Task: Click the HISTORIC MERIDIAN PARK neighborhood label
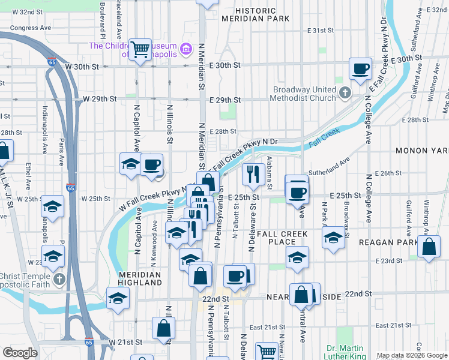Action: point(255,14)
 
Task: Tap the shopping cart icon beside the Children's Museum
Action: point(140,49)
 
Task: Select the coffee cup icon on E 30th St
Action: point(360,68)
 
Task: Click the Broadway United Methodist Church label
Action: point(304,94)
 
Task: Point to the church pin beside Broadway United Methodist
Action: point(345,93)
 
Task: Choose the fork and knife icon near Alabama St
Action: point(253,174)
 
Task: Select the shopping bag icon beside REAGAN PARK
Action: point(429,247)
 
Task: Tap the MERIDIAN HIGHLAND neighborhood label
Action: point(139,278)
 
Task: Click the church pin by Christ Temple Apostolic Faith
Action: point(59,279)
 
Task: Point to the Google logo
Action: point(20,352)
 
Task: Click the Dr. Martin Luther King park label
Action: point(345,352)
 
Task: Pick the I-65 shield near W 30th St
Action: point(51,61)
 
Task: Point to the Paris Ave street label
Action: point(61,153)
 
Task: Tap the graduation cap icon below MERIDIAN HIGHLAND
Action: point(118,298)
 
